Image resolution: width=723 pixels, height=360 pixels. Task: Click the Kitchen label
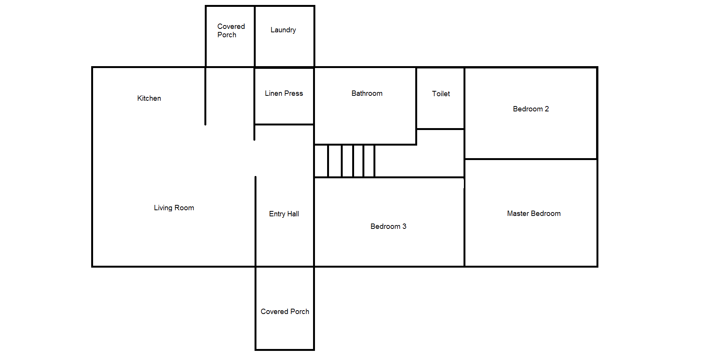tap(149, 98)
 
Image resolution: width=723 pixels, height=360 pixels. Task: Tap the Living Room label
tap(174, 208)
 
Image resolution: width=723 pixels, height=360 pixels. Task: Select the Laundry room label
tap(283, 30)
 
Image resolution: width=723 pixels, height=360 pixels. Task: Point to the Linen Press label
tap(284, 94)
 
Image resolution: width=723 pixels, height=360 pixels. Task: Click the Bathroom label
tap(367, 94)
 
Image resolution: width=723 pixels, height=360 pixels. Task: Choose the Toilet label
tap(441, 94)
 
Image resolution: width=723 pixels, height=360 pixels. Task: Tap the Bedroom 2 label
tap(531, 109)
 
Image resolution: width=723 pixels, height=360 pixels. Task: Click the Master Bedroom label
tap(533, 214)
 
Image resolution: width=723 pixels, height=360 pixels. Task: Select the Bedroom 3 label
tap(388, 227)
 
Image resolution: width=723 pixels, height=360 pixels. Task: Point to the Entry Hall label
tap(284, 214)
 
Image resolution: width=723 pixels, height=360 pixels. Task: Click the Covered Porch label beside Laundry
tap(231, 31)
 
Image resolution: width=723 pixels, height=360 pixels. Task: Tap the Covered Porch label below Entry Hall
tap(285, 312)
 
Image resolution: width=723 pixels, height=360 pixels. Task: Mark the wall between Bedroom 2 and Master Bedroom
tap(531, 159)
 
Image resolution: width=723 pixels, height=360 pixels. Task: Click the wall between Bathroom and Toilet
tap(416, 99)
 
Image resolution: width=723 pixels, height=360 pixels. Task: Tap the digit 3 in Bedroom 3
tap(404, 227)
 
